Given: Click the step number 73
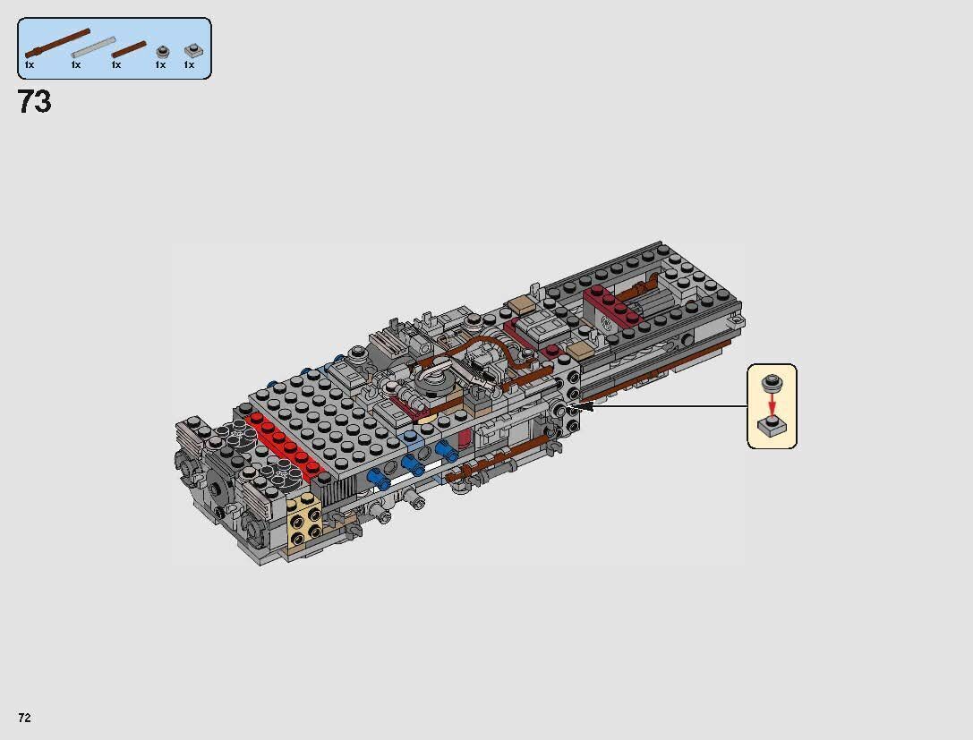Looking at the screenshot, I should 34,102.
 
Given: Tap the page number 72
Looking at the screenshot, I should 25,718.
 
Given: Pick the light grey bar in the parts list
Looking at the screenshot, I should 94,47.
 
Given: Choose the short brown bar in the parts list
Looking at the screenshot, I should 129,49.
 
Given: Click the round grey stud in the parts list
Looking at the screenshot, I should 162,51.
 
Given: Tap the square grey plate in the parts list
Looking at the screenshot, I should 192,50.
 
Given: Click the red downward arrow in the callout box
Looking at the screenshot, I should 770,404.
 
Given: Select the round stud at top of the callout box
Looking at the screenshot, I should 770,384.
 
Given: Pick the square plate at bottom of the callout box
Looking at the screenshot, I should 771,427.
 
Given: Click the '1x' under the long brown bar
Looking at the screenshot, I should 30,65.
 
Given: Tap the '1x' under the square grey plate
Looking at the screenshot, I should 189,65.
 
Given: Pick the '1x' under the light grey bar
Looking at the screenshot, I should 76,65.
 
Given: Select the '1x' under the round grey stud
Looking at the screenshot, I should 160,65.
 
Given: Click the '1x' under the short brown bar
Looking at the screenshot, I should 116,65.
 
